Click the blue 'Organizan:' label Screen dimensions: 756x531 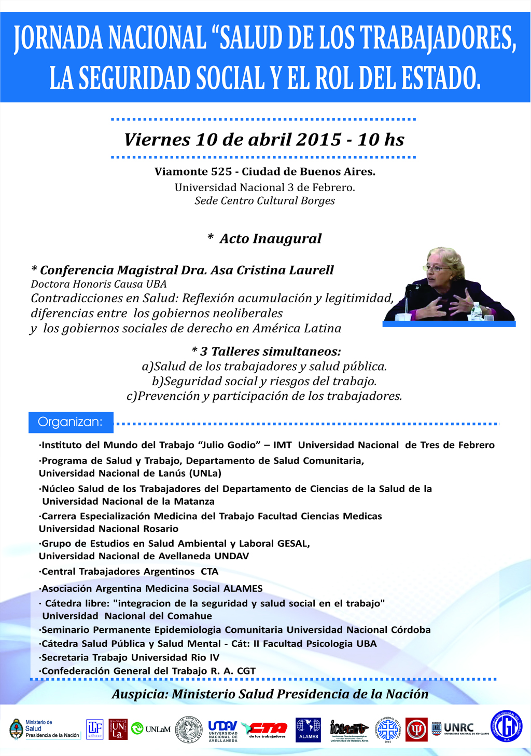click(71, 422)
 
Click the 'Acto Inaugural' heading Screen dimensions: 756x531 click(270, 238)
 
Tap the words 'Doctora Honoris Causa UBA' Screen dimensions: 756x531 click(99, 284)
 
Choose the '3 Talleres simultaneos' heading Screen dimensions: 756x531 click(265, 352)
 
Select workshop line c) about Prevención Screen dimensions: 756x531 click(264, 396)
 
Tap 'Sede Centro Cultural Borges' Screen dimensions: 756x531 click(264, 201)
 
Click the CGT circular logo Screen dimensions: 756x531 click(506, 726)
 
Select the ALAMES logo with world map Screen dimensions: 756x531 click(308, 730)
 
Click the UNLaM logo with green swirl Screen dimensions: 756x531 click(151, 729)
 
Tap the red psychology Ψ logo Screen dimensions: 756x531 click(416, 730)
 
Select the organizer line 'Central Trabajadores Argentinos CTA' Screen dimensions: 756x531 click(130, 572)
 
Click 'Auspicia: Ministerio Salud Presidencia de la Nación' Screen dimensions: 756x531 click(270, 694)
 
